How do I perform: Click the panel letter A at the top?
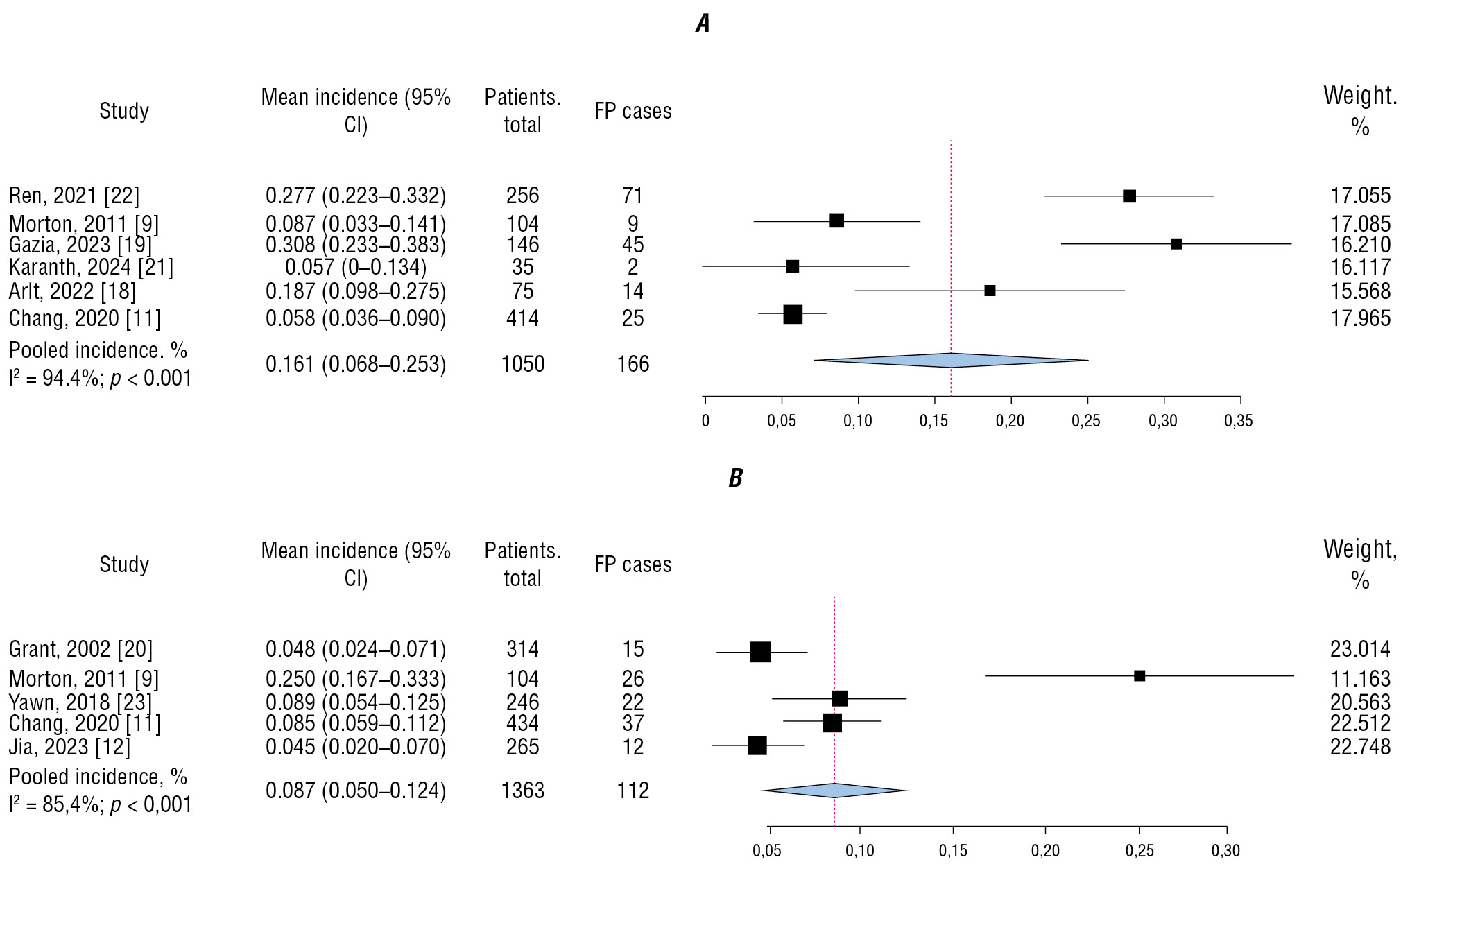pyautogui.click(x=703, y=24)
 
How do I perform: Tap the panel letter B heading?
pyautogui.click(x=735, y=478)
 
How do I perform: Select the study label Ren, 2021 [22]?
pyautogui.click(x=74, y=196)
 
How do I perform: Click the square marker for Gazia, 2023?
pyautogui.click(x=1176, y=244)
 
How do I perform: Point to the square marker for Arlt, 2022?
pyautogui.click(x=990, y=291)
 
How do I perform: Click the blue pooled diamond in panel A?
pyautogui.click(x=951, y=361)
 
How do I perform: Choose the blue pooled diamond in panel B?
pyautogui.click(x=834, y=791)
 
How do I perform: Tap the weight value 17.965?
pyautogui.click(x=1360, y=318)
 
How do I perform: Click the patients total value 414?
pyautogui.click(x=522, y=318)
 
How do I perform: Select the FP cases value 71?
pyautogui.click(x=633, y=196)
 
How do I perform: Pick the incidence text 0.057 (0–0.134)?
pyautogui.click(x=356, y=267)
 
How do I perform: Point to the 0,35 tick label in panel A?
pyautogui.click(x=1239, y=421)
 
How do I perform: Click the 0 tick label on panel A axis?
pyautogui.click(x=705, y=421)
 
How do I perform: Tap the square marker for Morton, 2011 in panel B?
pyautogui.click(x=1139, y=675)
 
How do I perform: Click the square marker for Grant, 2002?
pyautogui.click(x=761, y=652)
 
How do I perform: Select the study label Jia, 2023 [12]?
pyautogui.click(x=69, y=746)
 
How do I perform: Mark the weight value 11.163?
pyautogui.click(x=1360, y=678)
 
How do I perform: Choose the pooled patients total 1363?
pyautogui.click(x=522, y=791)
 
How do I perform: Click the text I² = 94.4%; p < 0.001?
pyautogui.click(x=101, y=379)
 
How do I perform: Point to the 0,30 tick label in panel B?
pyautogui.click(x=1225, y=851)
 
